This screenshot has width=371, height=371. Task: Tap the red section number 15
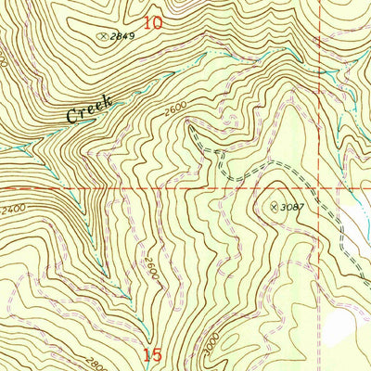pos(154,354)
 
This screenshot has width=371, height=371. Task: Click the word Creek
pos(89,109)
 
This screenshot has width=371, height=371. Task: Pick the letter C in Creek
pos(70,118)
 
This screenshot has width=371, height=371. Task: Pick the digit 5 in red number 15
pos(159,354)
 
